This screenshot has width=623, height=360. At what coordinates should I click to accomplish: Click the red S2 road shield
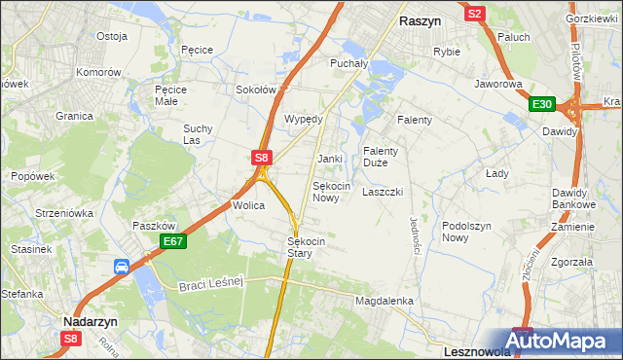(x=475, y=14)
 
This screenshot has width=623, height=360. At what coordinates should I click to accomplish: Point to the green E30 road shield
(x=542, y=105)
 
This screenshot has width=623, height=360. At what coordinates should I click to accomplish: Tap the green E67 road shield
(x=173, y=241)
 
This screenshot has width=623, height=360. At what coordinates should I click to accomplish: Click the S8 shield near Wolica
(x=261, y=156)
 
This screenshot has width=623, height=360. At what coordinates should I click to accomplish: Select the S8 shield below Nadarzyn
(x=70, y=339)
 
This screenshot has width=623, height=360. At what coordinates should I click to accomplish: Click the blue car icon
(x=122, y=267)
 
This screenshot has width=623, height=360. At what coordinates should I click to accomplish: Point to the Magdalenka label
(x=385, y=302)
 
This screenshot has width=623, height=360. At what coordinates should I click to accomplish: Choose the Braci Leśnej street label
(x=210, y=283)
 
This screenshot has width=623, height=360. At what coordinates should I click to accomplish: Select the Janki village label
(x=330, y=158)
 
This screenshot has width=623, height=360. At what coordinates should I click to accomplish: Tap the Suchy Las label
(x=198, y=134)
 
